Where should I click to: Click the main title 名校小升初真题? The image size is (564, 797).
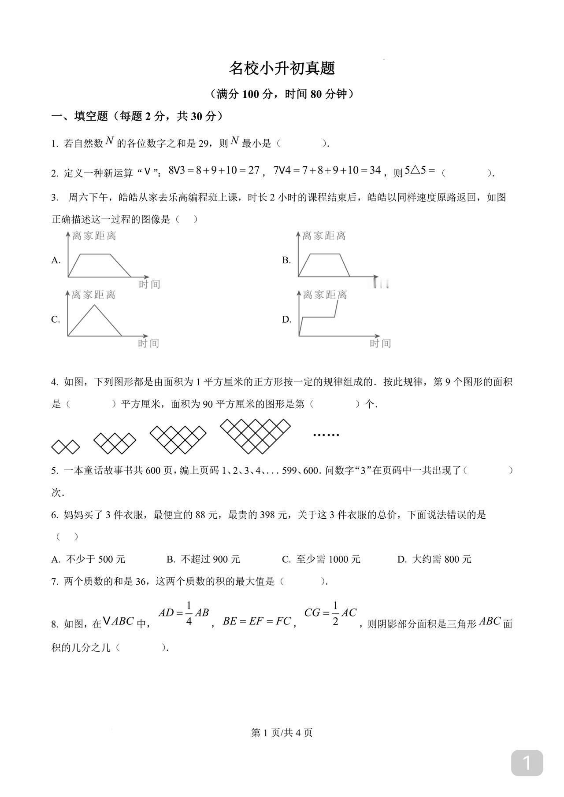click(282, 68)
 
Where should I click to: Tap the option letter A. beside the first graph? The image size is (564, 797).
click(56, 260)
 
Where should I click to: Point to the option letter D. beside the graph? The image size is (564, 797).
click(287, 319)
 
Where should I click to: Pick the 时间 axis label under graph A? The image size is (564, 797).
click(149, 284)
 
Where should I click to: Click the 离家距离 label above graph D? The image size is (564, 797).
click(325, 295)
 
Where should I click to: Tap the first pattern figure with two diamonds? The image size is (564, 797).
click(66, 446)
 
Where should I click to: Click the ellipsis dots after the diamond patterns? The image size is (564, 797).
click(326, 435)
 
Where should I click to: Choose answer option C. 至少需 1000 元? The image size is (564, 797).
click(321, 559)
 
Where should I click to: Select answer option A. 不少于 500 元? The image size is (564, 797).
click(89, 559)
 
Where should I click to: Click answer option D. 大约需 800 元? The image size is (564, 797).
click(434, 559)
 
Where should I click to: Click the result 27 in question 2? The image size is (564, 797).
click(253, 170)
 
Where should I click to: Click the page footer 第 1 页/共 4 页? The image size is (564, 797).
click(282, 733)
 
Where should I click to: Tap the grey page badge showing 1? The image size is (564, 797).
click(527, 763)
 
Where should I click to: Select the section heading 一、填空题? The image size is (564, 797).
click(80, 116)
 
